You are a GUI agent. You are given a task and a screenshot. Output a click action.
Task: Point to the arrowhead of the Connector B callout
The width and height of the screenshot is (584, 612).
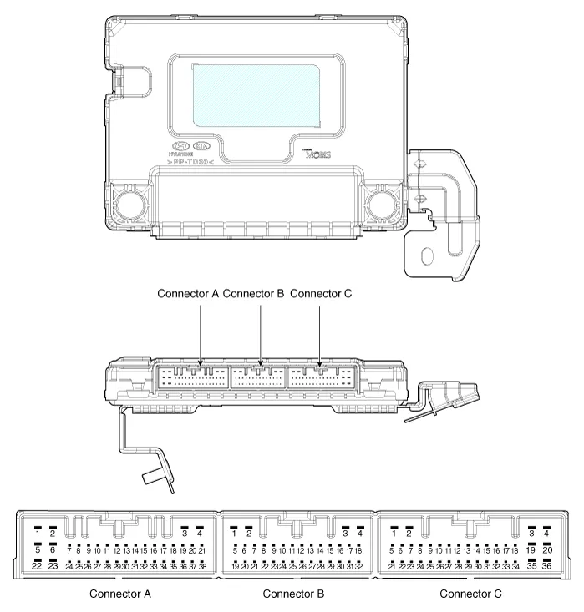coord(261,362)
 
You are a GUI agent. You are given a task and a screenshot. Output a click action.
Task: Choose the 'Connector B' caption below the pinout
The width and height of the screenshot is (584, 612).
coord(294,594)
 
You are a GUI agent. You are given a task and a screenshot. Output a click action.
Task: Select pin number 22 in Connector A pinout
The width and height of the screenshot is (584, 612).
coord(37,566)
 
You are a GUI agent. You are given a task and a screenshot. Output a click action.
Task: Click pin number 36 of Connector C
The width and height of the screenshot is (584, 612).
coord(546,566)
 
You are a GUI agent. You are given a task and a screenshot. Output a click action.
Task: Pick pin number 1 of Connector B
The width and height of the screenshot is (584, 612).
coord(235,533)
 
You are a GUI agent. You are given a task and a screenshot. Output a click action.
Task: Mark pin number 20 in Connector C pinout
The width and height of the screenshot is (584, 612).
coord(546,549)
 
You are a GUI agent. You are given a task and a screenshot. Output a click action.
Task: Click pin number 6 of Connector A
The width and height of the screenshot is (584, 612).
coord(52,549)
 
